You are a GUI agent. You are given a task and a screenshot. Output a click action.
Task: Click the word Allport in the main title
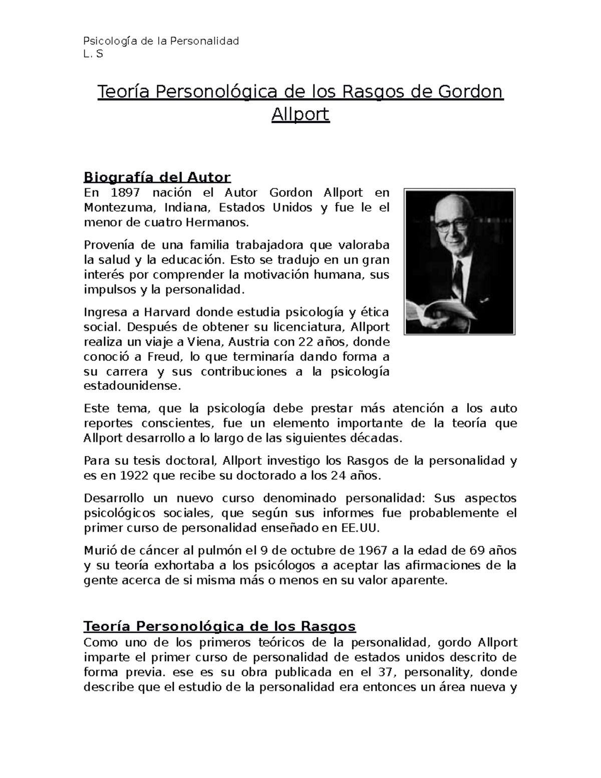click(300, 115)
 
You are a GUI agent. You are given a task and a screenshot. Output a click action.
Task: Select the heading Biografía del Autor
click(157, 177)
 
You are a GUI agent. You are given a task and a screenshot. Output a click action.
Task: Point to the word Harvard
click(167, 313)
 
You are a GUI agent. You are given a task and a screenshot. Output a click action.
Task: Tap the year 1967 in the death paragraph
click(373, 551)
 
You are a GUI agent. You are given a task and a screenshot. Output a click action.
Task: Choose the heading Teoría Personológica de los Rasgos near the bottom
click(219, 626)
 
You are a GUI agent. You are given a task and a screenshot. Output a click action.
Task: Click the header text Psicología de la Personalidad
click(161, 41)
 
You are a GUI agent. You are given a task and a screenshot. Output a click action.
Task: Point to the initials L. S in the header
click(93, 54)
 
